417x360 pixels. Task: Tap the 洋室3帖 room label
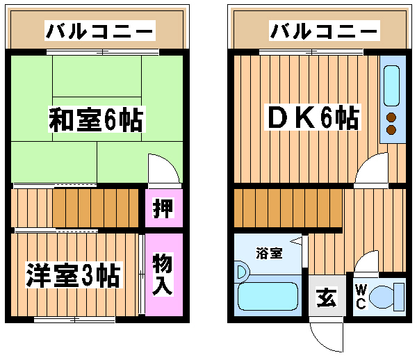[73, 275]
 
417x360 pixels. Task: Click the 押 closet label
[163, 208]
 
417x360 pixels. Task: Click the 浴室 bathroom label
[268, 253]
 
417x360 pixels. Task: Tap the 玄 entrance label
[327, 299]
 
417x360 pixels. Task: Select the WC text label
[361, 297]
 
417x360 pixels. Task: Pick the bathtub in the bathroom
[268, 298]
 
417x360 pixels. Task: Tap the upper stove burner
[391, 117]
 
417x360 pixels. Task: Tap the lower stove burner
[391, 129]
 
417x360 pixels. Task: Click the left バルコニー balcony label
[99, 31]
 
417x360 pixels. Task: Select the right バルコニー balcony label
[324, 31]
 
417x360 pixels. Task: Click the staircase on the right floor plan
[288, 208]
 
